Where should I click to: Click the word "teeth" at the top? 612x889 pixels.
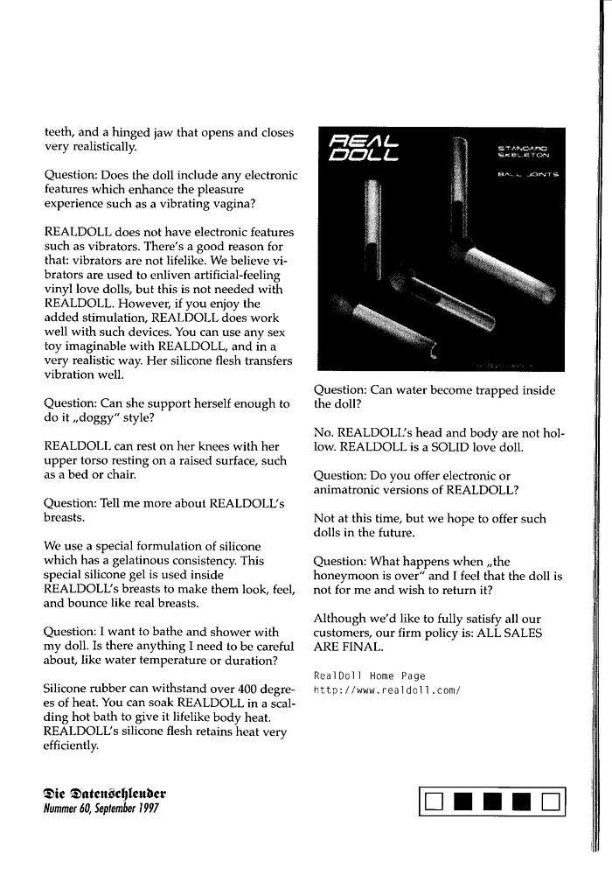pos(59,133)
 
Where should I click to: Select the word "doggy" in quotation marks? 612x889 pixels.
pos(99,417)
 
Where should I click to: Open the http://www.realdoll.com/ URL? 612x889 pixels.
pos(386,689)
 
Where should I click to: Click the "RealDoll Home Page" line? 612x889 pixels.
pos(369,675)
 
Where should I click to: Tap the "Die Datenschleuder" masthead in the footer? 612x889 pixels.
pos(104,794)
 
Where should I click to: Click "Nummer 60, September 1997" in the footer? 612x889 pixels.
pos(101,808)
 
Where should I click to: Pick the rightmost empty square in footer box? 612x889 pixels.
pos(550,801)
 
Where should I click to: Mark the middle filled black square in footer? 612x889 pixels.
pos(493,801)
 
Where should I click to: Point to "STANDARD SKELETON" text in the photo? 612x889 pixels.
pos(523,152)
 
